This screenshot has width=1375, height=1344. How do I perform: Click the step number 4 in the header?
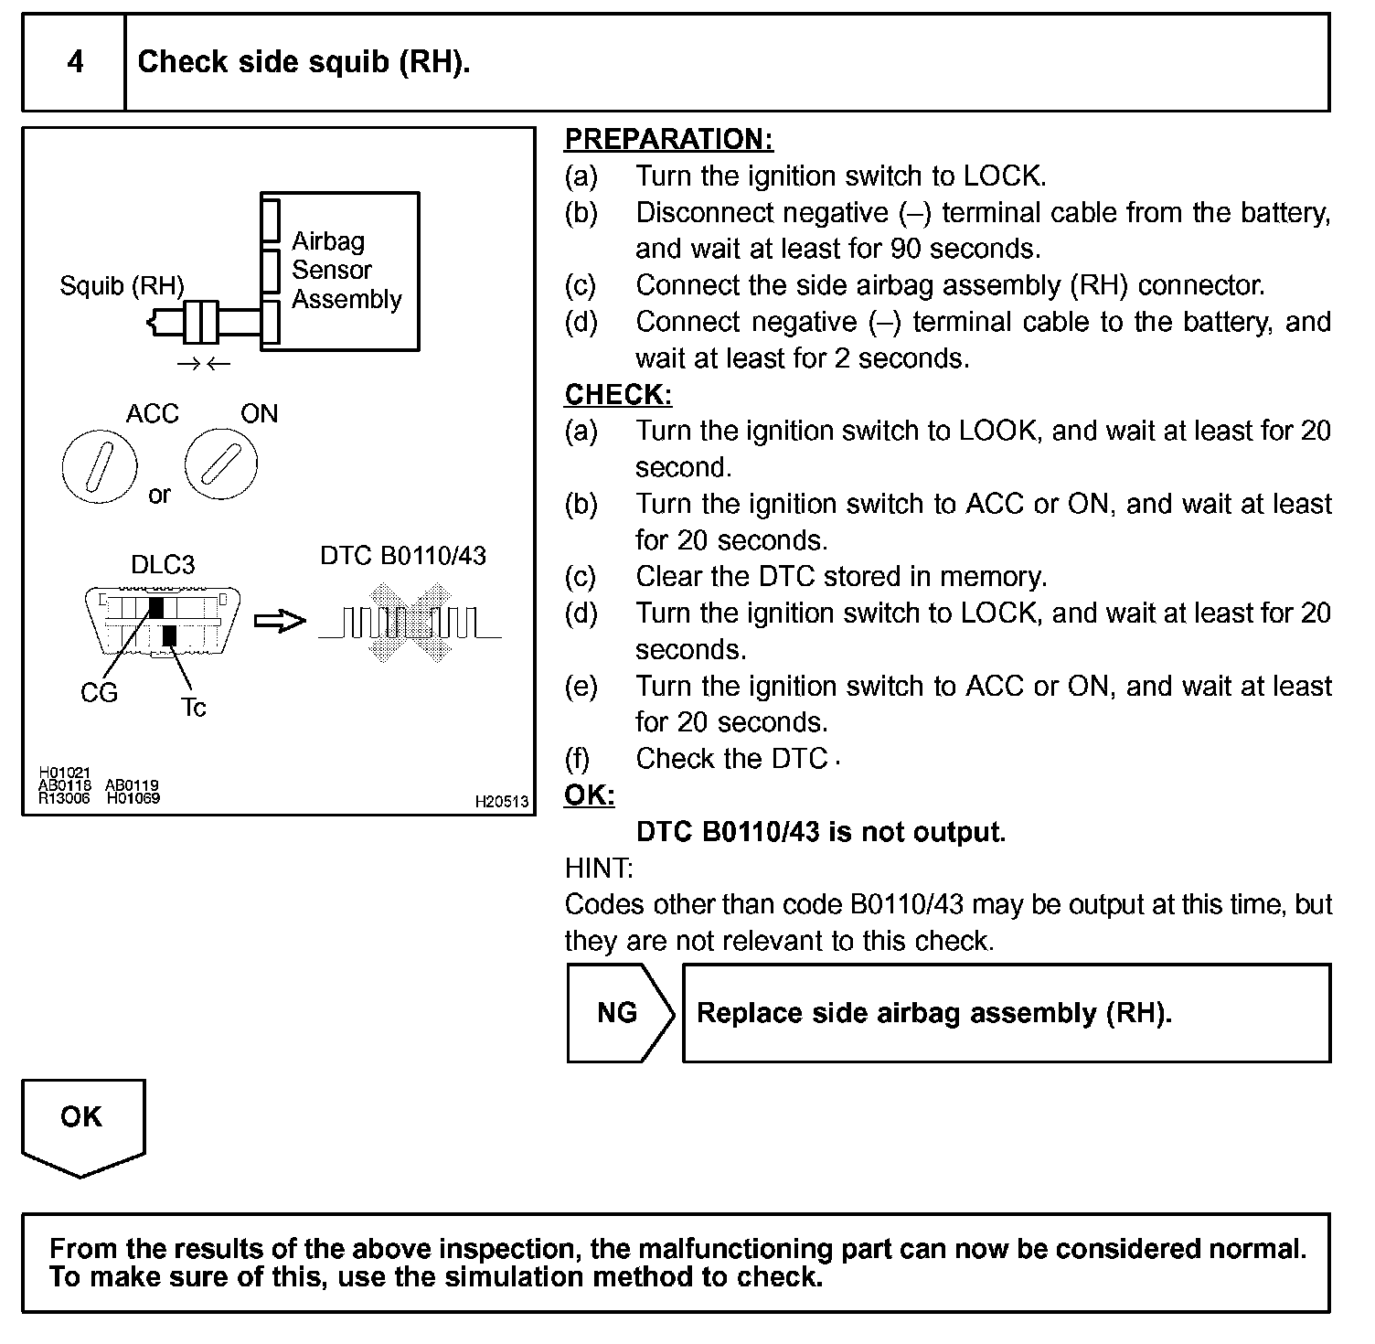[x=75, y=62]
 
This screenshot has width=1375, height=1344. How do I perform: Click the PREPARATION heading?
[x=668, y=139]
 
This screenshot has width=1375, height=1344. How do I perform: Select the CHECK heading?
[x=618, y=394]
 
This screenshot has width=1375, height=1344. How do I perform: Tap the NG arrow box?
[x=619, y=1013]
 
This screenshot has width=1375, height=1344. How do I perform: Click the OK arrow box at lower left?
[x=82, y=1121]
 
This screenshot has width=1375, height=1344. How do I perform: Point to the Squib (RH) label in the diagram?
[x=122, y=286]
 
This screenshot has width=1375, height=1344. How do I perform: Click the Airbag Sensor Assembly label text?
[x=346, y=271]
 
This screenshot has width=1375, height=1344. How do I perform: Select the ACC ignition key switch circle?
[x=99, y=464]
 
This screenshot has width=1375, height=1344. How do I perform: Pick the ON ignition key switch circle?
[x=221, y=464]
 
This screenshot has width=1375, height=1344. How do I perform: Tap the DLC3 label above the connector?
[x=163, y=565]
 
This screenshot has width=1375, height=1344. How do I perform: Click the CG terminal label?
[x=99, y=694]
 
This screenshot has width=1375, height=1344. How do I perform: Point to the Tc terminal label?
[x=193, y=708]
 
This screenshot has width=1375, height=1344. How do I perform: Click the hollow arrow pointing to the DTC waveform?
[x=279, y=622]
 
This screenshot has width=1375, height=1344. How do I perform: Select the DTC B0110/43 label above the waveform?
[x=403, y=556]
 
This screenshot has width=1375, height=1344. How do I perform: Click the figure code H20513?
[x=501, y=802]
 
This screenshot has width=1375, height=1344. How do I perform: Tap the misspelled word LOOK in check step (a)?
[x=999, y=431]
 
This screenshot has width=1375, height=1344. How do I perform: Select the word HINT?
[x=599, y=868]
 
